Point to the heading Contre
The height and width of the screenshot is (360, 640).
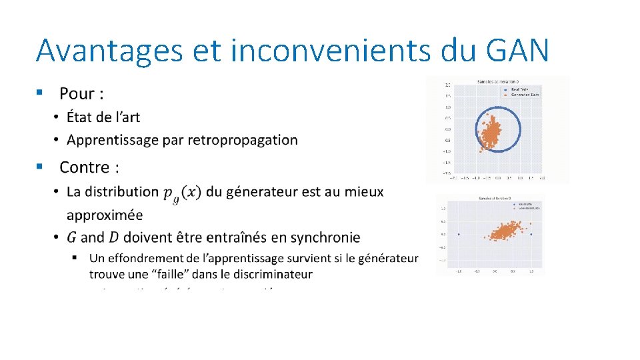click(89, 166)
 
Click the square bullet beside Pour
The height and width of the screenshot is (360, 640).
click(41, 93)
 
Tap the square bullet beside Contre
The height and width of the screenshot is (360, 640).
click(41, 165)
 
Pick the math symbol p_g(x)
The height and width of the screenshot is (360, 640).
click(181, 193)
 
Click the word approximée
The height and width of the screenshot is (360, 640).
click(105, 215)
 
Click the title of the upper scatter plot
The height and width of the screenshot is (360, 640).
click(498, 81)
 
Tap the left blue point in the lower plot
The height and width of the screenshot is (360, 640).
click(459, 234)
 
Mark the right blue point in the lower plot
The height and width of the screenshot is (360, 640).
click(531, 234)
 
